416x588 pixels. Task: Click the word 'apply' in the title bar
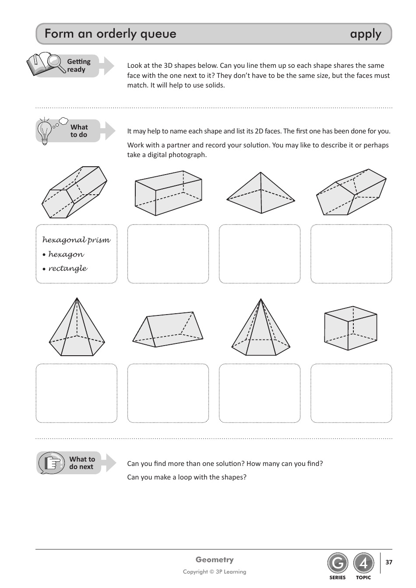point(365,34)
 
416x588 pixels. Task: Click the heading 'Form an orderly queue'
point(110,34)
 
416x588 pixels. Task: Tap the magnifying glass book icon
point(45,64)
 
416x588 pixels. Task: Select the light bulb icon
point(45,131)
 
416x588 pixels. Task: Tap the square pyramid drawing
point(261,193)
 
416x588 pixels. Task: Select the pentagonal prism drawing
point(351,192)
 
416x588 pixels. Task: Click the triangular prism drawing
point(168,329)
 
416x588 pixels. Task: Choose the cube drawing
point(350,328)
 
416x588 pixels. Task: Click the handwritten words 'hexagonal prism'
point(76,240)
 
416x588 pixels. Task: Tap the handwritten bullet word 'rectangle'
point(67,268)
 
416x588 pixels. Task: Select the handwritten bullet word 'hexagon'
point(66,254)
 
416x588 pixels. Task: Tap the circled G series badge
point(337,563)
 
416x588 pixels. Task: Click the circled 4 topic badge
point(363,563)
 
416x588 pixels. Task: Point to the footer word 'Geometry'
point(214,560)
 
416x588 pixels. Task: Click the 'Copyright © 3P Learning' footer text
point(214,572)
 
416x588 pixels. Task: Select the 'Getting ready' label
point(78,66)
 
